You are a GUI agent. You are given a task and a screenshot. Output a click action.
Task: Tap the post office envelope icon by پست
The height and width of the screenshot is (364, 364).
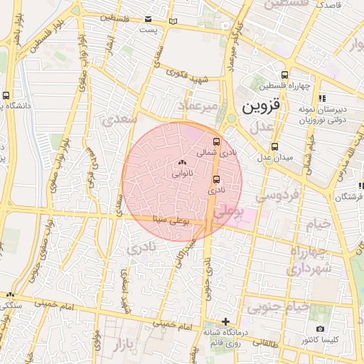click(149, 19)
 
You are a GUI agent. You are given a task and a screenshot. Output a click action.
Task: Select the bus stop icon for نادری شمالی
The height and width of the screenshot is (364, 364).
click(217, 142)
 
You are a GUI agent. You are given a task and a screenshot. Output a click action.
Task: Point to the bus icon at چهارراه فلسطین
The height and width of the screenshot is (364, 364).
click(285, 75)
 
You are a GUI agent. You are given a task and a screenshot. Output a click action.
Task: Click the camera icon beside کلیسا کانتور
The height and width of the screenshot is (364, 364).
click(321, 329)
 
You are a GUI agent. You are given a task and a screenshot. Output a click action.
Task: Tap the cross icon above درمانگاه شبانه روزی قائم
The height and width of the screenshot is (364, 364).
click(226, 321)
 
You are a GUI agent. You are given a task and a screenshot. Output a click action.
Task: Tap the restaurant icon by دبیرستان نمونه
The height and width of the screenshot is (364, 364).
click(321, 98)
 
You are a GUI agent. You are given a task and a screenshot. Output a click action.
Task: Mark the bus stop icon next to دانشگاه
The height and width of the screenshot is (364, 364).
click(6, 95)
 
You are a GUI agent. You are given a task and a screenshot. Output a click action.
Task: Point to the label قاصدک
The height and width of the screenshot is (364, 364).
click(329, 5)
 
